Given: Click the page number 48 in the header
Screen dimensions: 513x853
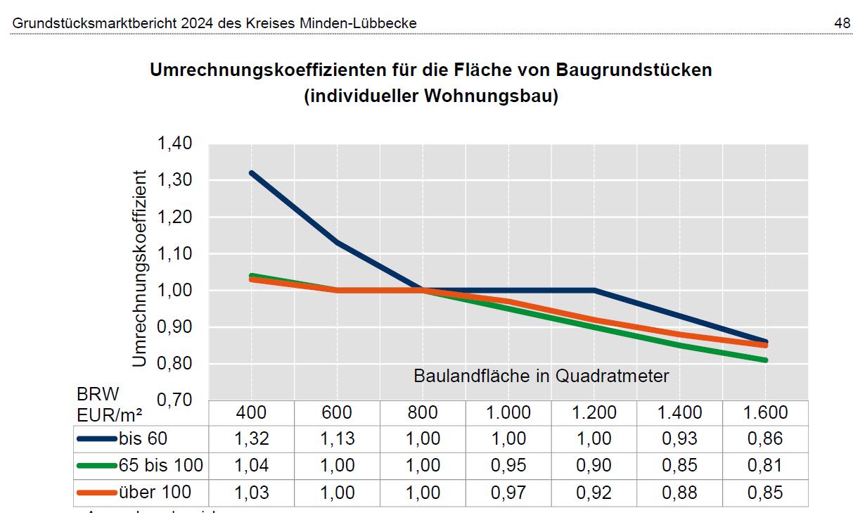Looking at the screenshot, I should [x=842, y=23].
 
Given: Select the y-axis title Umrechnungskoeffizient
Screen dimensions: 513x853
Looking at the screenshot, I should [x=140, y=267].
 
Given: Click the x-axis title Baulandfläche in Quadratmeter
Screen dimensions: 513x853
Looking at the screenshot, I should [x=541, y=376].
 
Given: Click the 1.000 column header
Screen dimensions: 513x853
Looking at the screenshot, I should [x=508, y=412].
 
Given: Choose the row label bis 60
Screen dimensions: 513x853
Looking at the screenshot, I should [x=143, y=438].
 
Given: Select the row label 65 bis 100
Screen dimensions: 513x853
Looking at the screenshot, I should [x=161, y=465].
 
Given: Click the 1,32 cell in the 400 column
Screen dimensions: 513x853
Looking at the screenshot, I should [x=252, y=438].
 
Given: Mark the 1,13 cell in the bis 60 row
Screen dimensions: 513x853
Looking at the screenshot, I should [x=337, y=438].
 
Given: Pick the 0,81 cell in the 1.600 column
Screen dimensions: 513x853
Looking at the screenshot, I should [x=764, y=465].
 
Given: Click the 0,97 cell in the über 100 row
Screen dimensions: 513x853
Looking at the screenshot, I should [x=508, y=492].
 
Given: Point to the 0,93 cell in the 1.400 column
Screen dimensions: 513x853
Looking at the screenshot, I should [x=679, y=438].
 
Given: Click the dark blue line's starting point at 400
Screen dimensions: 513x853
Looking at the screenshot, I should [x=252, y=172].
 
